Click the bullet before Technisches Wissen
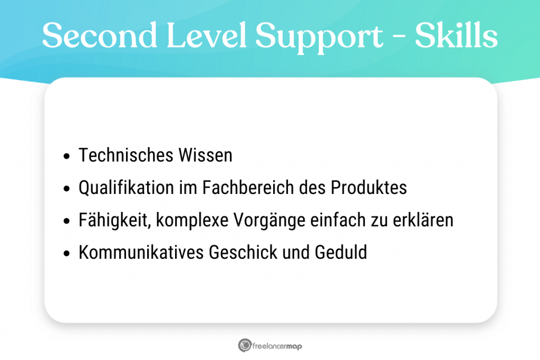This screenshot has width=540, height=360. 66,157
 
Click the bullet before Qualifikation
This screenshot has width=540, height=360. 66,189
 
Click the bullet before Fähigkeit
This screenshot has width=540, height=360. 66,221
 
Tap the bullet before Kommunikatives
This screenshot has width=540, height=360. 66,253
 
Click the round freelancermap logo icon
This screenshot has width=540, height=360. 244,346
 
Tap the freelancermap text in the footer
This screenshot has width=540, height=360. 278,346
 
